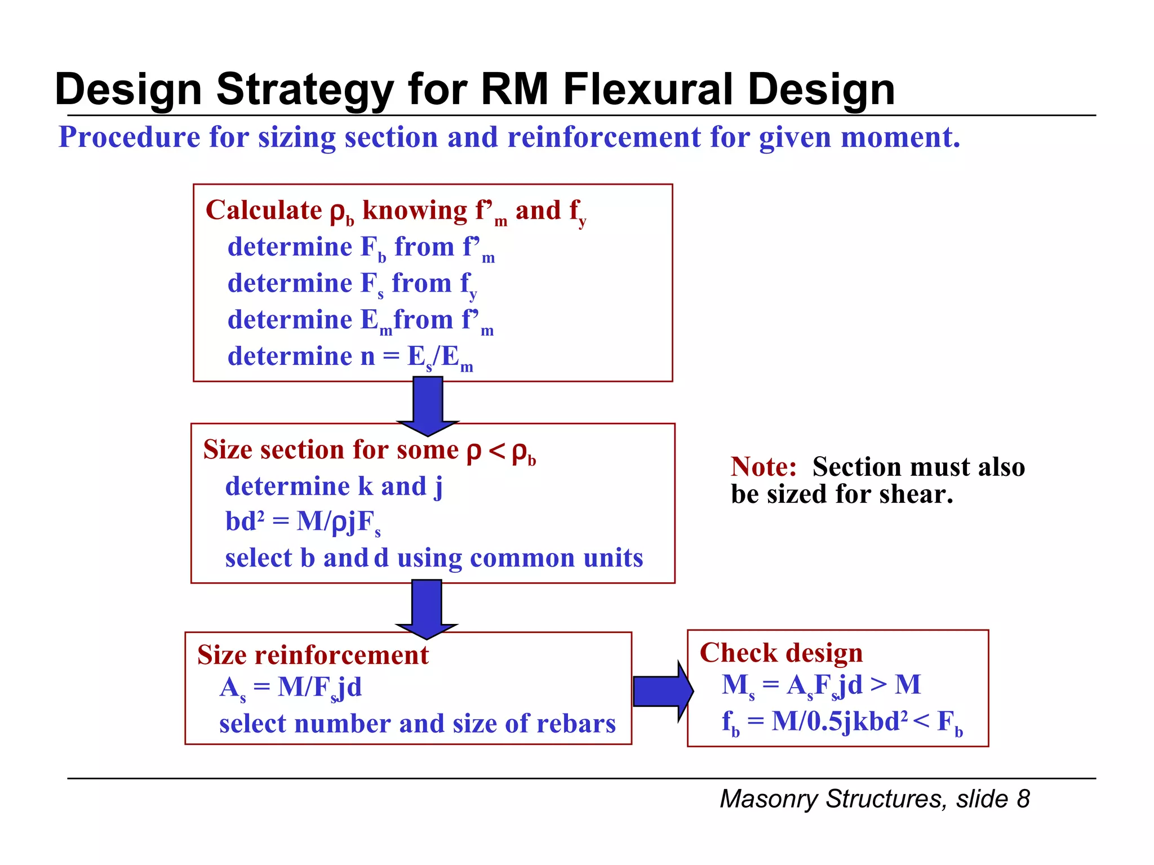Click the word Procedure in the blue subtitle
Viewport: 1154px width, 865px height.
129,137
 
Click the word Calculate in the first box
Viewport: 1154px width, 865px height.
263,211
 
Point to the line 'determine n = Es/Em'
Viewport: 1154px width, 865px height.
349,357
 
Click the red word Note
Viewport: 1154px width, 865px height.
764,467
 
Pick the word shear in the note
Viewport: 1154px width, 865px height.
916,494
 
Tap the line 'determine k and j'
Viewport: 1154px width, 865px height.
334,487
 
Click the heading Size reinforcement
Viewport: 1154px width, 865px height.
313,656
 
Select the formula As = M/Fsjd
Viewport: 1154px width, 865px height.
290,688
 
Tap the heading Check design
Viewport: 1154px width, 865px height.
781,653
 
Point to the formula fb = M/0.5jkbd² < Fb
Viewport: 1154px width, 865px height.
842,722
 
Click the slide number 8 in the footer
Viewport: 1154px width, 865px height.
1023,799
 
